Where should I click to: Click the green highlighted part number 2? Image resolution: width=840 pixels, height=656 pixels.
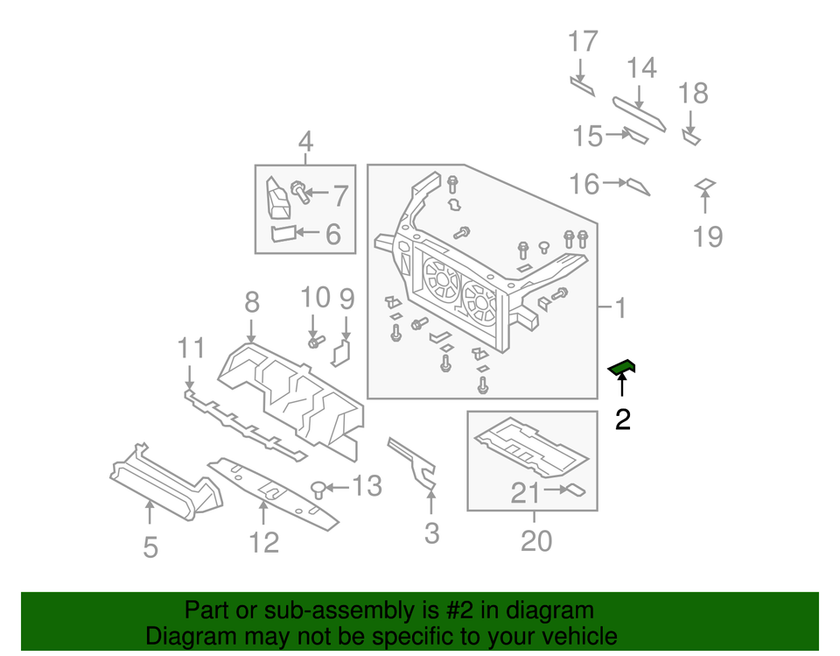pos(622,368)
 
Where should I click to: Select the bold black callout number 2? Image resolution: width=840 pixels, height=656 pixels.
pos(622,421)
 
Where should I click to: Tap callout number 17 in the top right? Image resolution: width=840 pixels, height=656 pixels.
pos(583,42)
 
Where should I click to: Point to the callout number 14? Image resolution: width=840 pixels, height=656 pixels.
pos(640,68)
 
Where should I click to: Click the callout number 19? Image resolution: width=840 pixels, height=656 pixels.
pos(707,236)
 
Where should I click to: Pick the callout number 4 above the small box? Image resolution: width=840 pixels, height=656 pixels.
pos(305,141)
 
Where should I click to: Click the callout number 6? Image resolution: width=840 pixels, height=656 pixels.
pos(332,234)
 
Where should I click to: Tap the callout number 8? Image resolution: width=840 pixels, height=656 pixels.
pos(252,303)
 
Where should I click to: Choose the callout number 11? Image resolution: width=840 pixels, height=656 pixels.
pos(190,349)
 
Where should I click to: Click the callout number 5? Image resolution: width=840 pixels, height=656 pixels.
pos(150,547)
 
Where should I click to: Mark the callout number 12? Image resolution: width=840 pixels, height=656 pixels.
pos(263,542)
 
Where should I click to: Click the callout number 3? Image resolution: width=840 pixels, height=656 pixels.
pos(430,532)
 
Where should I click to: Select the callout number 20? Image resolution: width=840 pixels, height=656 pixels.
pos(536,540)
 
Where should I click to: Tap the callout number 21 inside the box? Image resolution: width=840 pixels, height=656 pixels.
pos(525,494)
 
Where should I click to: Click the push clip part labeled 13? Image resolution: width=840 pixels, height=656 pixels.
pos(319,488)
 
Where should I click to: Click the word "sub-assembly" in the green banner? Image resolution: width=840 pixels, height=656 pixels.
pos(319,610)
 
